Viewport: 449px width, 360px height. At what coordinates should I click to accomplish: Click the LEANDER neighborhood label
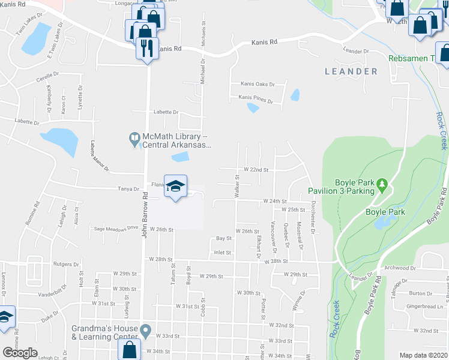tap(351, 71)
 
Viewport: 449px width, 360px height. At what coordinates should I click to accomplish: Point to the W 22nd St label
tap(255, 170)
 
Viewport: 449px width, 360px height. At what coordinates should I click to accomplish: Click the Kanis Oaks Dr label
tap(257, 85)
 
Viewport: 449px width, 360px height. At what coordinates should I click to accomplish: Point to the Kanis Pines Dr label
tap(255, 97)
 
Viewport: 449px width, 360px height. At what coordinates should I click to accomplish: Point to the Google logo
tap(20, 353)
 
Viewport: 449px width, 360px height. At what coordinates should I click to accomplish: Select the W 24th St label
tap(274, 202)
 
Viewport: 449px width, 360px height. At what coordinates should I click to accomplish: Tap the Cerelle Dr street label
tap(48, 79)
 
